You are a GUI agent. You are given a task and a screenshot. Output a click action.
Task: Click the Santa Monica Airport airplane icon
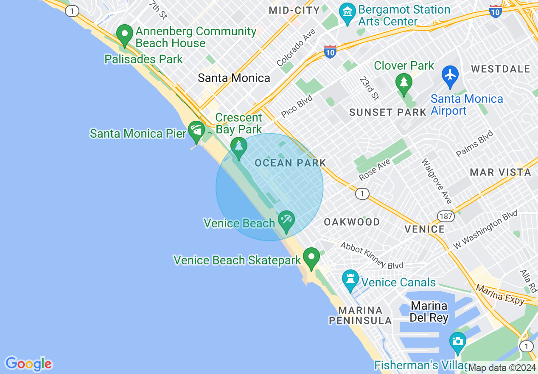[450, 75]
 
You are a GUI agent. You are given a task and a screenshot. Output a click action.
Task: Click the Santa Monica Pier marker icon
[196, 131]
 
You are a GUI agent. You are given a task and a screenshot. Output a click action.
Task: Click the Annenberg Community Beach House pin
[125, 35]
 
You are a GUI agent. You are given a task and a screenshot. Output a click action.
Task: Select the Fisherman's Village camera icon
[457, 342]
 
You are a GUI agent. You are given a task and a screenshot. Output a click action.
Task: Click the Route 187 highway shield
[447, 216]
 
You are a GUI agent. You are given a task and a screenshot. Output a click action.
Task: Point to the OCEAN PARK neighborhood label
[290, 163]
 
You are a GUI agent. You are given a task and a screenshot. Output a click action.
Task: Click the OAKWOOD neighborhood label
[352, 222]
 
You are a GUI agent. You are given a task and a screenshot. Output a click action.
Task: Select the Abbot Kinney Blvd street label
[372, 255]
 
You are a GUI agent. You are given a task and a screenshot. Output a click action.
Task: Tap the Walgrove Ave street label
[437, 181]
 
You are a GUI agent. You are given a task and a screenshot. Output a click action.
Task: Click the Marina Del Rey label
[429, 312]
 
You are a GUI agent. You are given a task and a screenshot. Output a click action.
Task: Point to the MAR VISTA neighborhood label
[500, 172]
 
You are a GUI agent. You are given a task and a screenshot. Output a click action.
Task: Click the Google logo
[28, 364]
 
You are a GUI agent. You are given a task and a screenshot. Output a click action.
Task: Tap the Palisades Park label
[143, 59]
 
